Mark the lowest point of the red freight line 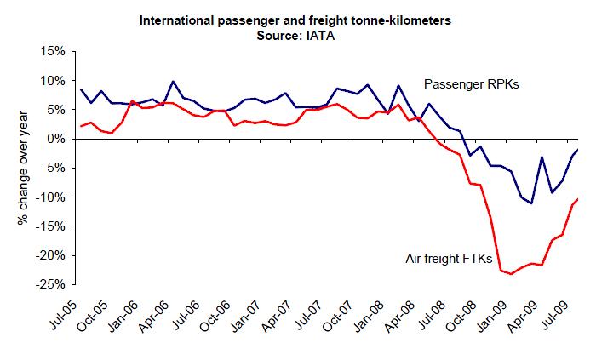[510, 274]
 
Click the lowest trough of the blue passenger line [530, 203]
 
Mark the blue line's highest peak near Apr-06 [173, 82]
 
